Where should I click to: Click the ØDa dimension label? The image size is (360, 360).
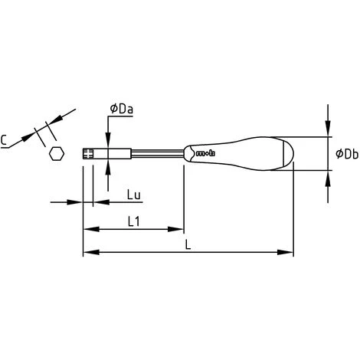122,109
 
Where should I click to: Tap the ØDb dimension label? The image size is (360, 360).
347,154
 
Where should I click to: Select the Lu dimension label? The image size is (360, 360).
134,195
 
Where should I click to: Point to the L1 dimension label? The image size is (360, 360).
133,221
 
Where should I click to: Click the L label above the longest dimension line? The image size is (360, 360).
188,245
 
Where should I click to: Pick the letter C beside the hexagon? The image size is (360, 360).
4,140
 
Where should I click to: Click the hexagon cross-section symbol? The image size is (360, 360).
57,154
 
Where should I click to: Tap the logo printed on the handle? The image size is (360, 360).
206,153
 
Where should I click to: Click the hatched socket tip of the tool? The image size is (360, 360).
88,154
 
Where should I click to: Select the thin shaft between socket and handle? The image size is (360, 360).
158,153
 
